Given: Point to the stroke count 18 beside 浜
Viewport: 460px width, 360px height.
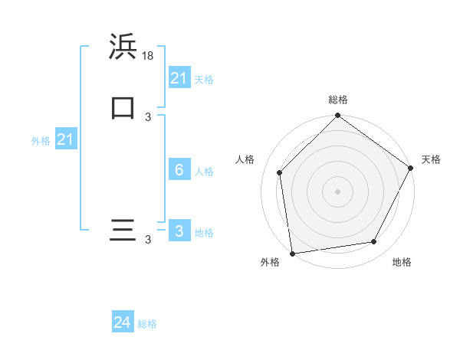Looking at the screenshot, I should coord(149,56).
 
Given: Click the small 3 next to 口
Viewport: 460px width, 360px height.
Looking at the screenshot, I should coord(148,116).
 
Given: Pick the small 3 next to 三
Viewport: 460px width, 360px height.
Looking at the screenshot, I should coord(148,240).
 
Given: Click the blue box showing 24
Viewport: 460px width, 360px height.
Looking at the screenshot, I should coord(123,323).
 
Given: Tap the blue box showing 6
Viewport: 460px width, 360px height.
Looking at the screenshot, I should coord(179,170).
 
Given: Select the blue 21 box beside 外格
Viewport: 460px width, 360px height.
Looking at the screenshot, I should coord(66,139).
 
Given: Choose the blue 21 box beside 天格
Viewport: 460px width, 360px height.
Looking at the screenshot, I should coord(179,78).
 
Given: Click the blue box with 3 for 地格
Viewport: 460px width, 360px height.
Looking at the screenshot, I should coord(179,231).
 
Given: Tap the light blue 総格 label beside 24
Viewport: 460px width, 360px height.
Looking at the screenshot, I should coord(147,324).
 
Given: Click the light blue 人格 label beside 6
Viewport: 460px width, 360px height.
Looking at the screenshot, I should coord(204,171).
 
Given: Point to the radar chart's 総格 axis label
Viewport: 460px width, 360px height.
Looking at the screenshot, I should coord(338,100).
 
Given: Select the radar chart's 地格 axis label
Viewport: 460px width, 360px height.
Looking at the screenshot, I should coord(402,262).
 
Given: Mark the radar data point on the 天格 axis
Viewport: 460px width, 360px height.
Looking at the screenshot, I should coord(410,168).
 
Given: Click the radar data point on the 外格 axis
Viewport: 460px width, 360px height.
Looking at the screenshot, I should coord(292,253).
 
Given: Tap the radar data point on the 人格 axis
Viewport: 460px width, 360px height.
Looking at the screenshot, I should coord(280,172).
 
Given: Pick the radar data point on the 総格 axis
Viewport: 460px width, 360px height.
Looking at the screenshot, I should coord(338,116).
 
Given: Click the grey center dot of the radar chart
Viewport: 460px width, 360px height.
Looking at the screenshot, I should coord(338,191).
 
